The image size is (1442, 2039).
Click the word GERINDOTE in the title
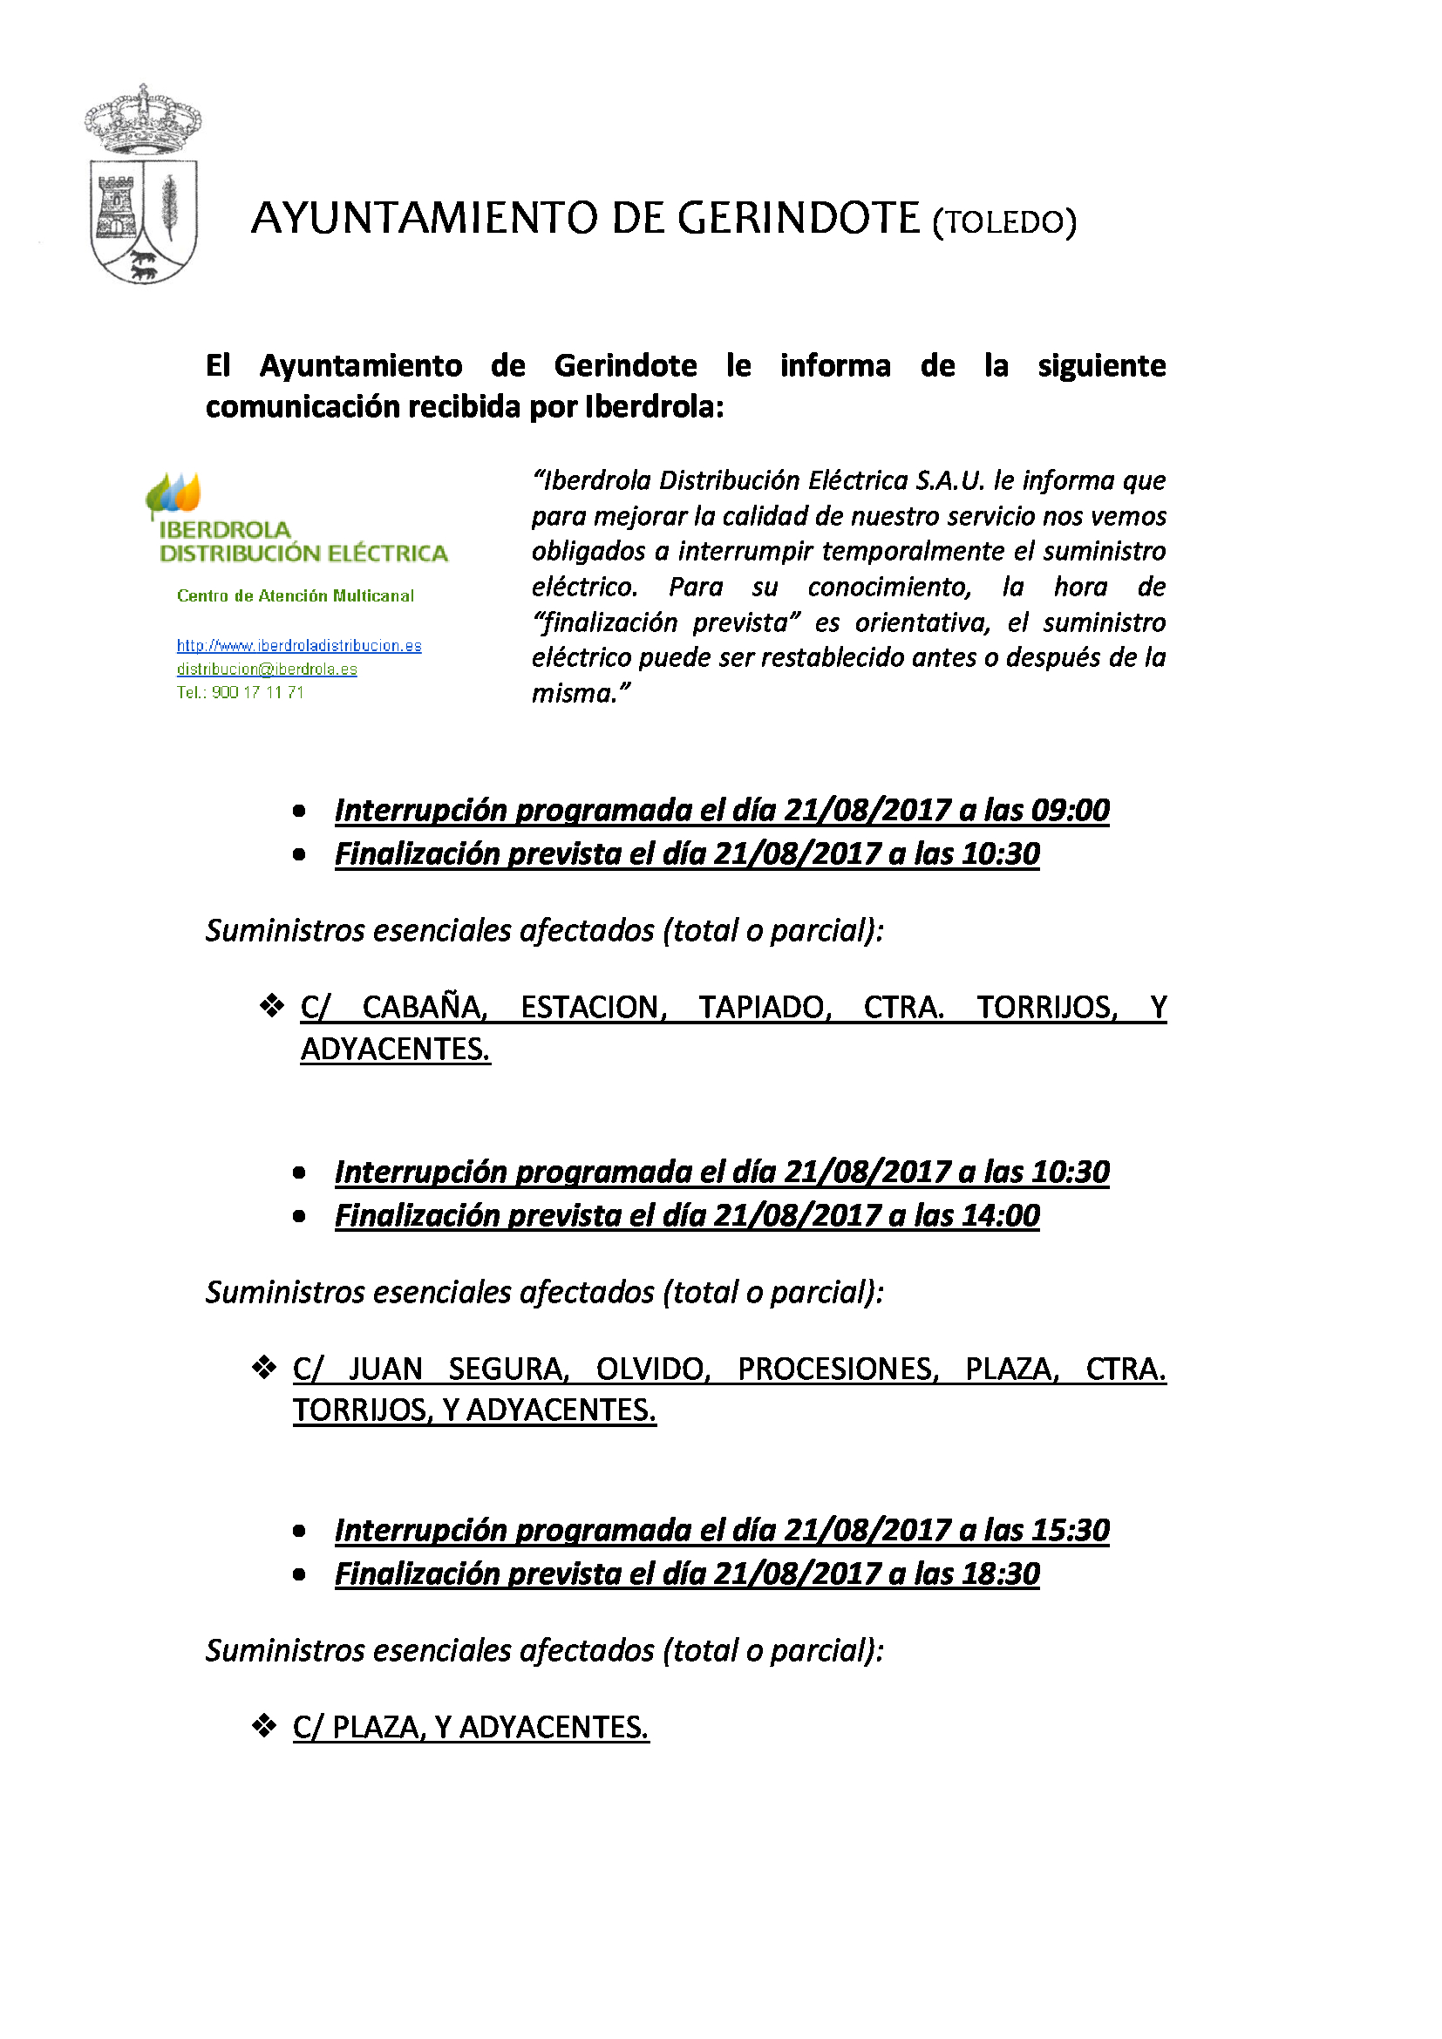click(799, 219)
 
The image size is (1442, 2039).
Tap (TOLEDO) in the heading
click(1003, 222)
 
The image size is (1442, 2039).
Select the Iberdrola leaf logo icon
click(174, 493)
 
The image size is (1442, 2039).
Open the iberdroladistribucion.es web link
click(298, 646)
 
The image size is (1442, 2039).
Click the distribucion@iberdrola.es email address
click(267, 669)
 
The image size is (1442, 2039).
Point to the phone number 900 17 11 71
click(257, 693)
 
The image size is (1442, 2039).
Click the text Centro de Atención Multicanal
click(295, 596)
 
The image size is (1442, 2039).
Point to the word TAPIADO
click(764, 1007)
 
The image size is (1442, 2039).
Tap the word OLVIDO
click(653, 1369)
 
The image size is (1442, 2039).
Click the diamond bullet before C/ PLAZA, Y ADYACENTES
click(263, 1726)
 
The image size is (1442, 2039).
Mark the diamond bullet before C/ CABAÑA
click(271, 1006)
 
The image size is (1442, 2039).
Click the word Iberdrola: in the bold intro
click(654, 407)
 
